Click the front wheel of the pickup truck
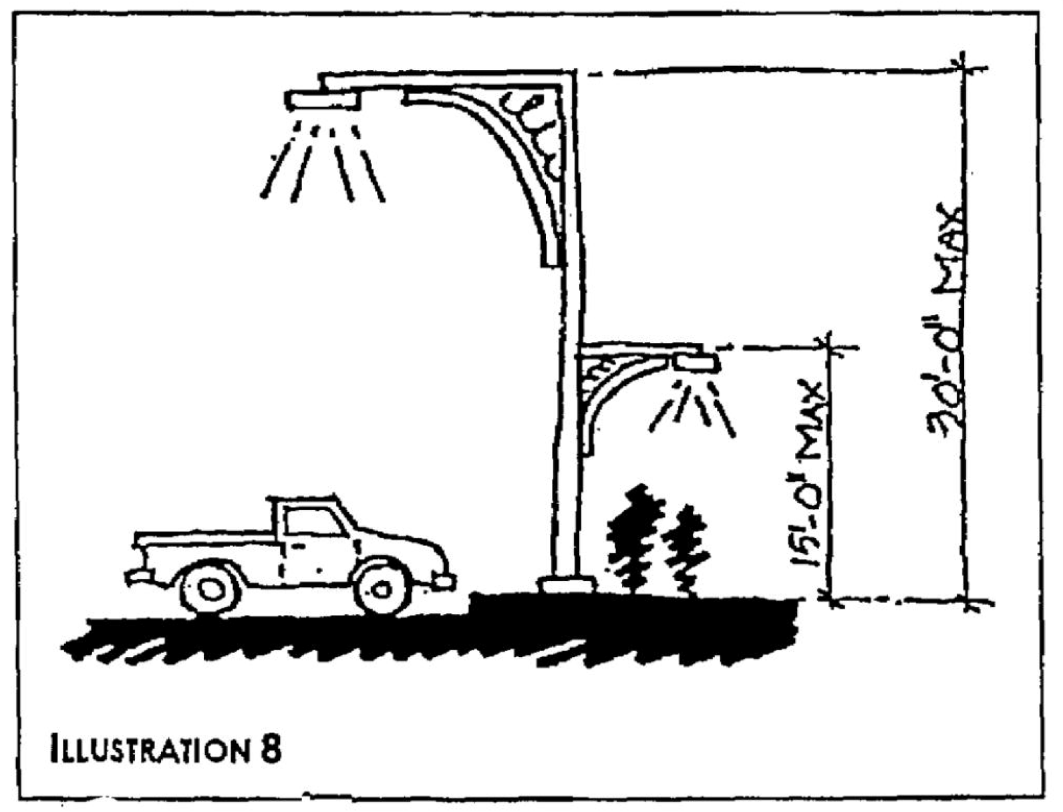(382, 590)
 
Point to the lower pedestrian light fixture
(696, 363)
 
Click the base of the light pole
(568, 585)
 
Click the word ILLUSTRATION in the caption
(147, 749)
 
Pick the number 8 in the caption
(269, 749)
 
